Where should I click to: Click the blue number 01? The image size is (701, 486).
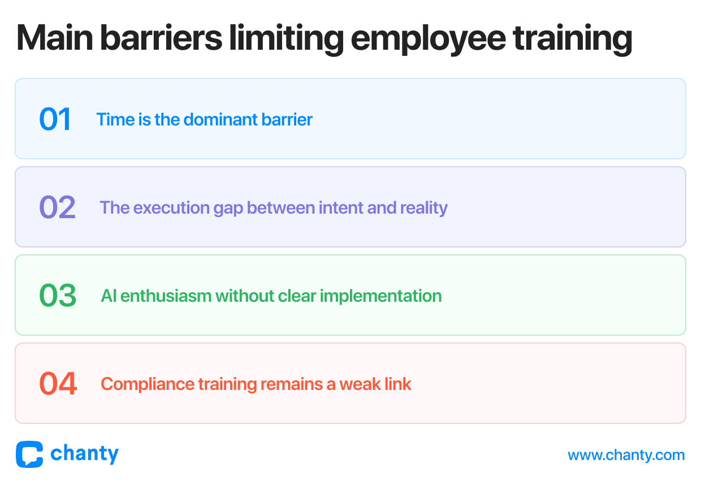coord(55,119)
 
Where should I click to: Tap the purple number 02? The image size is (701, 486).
coord(57,207)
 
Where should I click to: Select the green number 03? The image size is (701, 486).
coord(58,295)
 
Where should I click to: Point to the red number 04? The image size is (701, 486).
coord(58,383)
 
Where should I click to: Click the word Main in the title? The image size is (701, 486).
coord(55,38)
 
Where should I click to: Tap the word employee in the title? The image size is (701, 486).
coord(429,40)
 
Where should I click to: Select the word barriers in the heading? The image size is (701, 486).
coord(161,38)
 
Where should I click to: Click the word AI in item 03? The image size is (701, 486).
coord(109,296)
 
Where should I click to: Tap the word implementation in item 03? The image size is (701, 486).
coord(380,297)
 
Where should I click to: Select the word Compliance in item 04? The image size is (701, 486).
coord(148,385)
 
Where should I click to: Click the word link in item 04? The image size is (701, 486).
coord(398,384)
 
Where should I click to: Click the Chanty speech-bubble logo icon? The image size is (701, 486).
coord(29,454)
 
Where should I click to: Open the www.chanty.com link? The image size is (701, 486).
coord(626,455)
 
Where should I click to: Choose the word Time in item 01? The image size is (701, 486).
coord(115,119)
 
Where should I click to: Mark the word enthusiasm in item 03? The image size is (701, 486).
coord(166,296)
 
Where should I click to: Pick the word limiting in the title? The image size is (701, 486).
coord(287,40)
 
